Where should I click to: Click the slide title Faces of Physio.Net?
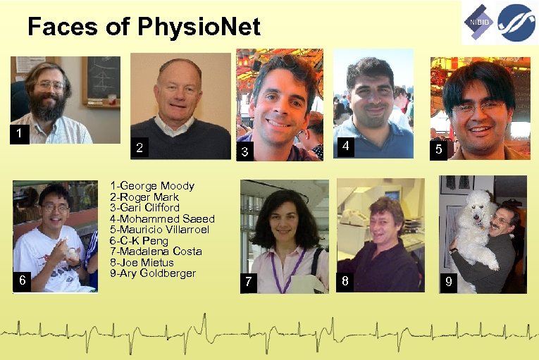click(144, 27)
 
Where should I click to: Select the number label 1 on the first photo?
click(18, 133)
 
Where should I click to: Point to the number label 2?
click(140, 148)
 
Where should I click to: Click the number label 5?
click(439, 149)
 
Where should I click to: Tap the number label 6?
click(23, 280)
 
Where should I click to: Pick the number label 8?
click(345, 280)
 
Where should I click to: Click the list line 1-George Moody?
click(152, 186)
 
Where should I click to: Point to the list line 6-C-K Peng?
click(139, 240)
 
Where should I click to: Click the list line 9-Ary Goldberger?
click(153, 273)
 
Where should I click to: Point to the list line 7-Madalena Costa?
click(156, 252)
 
